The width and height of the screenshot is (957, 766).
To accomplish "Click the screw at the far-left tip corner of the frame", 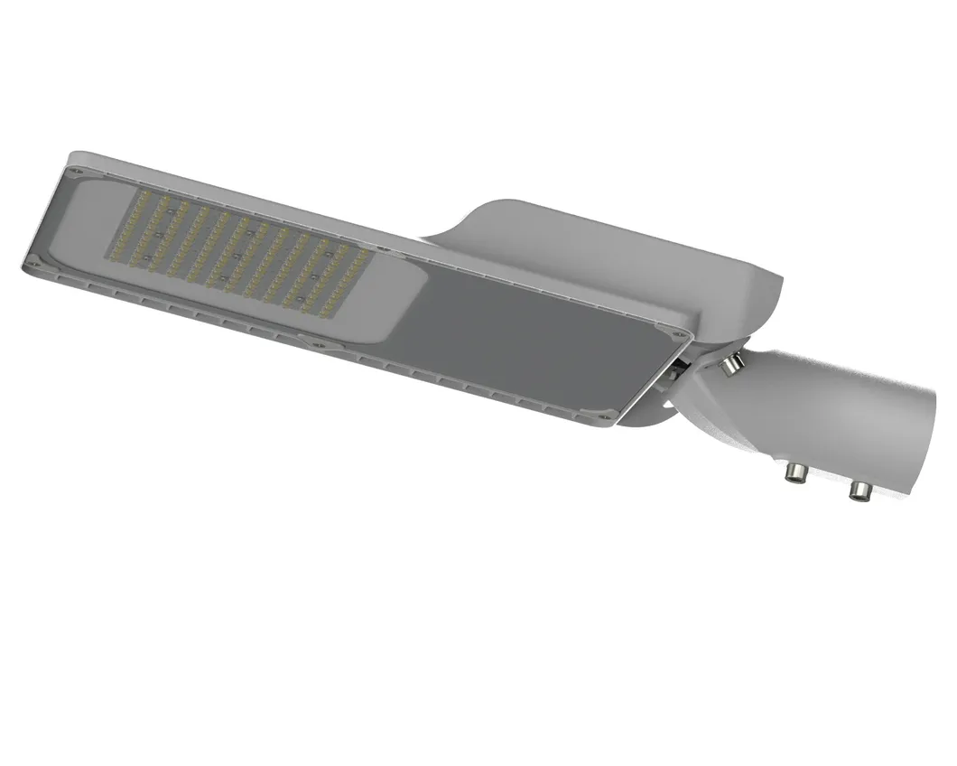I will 30,265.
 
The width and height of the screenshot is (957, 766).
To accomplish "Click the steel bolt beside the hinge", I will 733,363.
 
